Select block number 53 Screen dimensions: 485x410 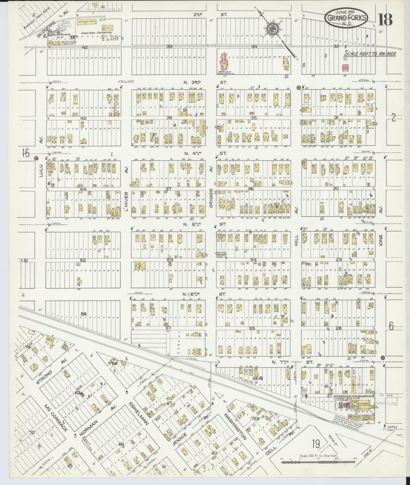point(170,259)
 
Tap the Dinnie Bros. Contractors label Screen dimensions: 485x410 point(93,33)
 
